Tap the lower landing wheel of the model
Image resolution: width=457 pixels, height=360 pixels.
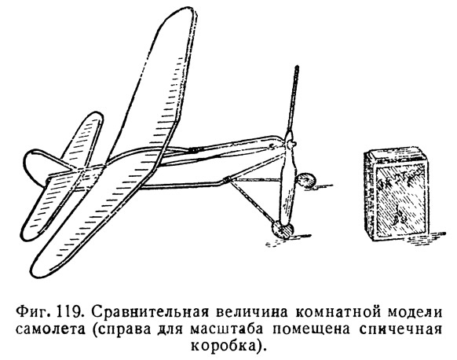(282, 229)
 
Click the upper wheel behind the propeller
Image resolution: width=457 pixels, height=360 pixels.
(305, 180)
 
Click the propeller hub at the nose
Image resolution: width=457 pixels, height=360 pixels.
(290, 144)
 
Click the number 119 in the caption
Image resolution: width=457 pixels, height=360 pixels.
(70, 313)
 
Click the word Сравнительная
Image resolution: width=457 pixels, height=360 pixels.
(152, 314)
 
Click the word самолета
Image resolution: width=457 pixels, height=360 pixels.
(50, 329)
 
